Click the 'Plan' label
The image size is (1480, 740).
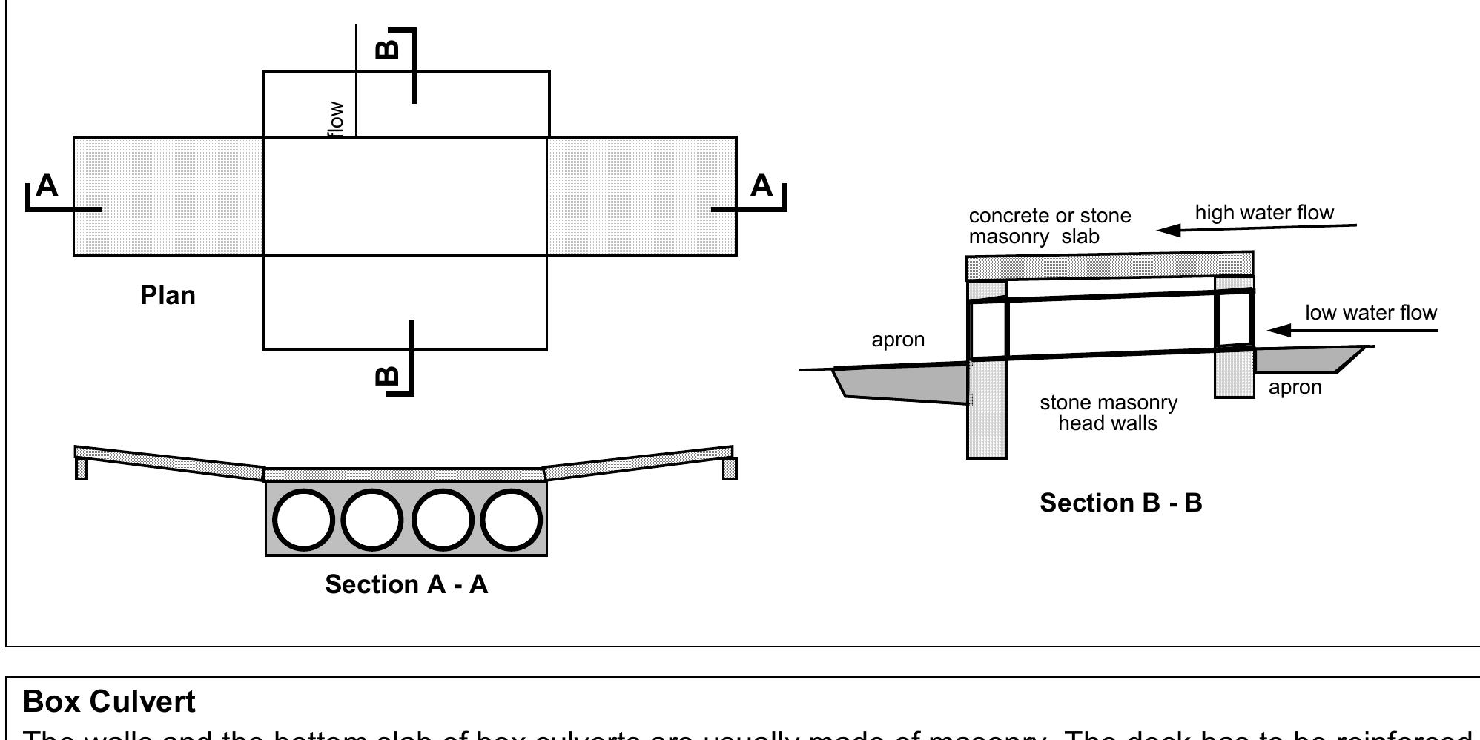168,296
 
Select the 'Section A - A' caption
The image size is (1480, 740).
406,585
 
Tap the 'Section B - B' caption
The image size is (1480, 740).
1120,503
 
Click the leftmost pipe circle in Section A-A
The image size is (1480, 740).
304,519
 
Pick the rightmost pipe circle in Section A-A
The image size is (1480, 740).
512,519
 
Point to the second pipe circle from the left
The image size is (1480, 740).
372,519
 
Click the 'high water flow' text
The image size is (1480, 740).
1263,214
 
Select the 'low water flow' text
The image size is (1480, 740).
1370,313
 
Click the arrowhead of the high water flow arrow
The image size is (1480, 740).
1169,230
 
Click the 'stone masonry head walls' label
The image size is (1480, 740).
1108,413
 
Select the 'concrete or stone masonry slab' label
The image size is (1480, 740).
1049,226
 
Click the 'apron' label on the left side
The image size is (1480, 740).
898,340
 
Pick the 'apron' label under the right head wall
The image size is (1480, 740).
1295,387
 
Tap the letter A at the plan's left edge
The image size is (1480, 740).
47,185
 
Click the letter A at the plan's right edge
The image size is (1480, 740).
762,185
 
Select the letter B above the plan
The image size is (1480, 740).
388,49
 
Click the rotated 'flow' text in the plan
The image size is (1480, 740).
336,119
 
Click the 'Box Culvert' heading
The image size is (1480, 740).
109,701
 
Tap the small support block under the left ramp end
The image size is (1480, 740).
82,469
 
